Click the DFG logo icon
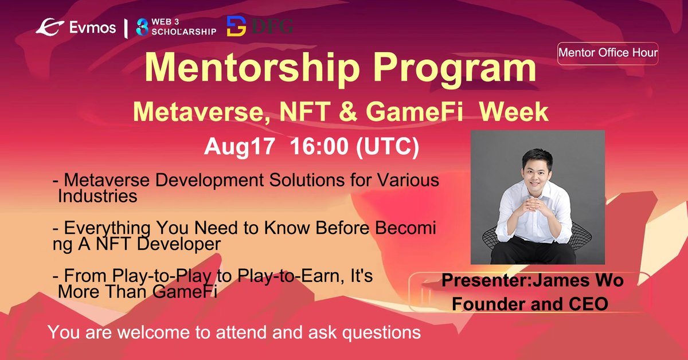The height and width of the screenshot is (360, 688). tap(237, 26)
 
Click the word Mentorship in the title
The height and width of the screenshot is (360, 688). tap(245, 68)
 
